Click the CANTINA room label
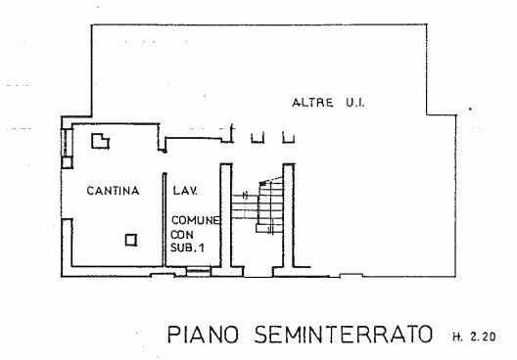[114, 191]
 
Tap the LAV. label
[185, 191]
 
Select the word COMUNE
[196, 220]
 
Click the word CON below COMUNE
[182, 235]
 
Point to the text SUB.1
[187, 247]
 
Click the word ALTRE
[312, 103]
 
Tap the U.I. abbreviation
[355, 103]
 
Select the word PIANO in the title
[203, 335]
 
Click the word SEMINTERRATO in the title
[343, 335]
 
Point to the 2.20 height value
[483, 337]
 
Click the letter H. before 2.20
[457, 337]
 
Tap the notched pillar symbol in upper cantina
[100, 141]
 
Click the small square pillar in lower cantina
[131, 240]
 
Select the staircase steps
[258, 206]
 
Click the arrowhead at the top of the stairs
[262, 183]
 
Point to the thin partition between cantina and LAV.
[164, 220]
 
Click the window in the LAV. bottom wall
[198, 271]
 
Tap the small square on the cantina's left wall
[67, 162]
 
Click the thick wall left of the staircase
[226, 215]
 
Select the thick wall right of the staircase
[289, 215]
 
